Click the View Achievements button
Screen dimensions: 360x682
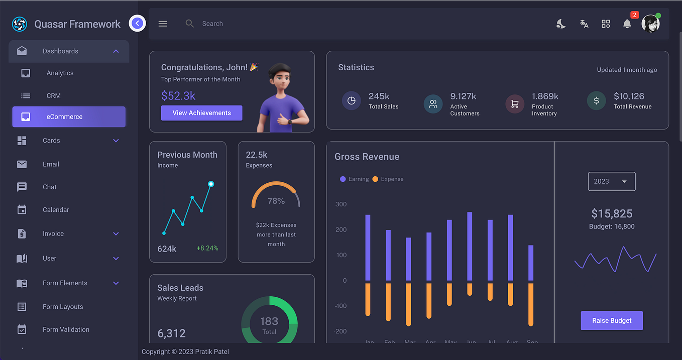pyautogui.click(x=201, y=113)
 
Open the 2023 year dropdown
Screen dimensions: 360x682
pyautogui.click(x=611, y=181)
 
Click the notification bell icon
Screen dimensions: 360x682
pyautogui.click(x=627, y=24)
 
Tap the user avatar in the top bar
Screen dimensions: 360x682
pyautogui.click(x=650, y=24)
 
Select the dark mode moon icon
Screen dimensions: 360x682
pyautogui.click(x=561, y=24)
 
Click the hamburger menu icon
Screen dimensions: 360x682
pyautogui.click(x=163, y=24)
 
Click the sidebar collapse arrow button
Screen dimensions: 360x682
pyautogui.click(x=137, y=23)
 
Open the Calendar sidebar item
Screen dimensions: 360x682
pyautogui.click(x=56, y=210)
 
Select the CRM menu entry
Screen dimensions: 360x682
pyautogui.click(x=54, y=95)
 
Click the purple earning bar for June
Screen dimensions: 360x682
pyautogui.click(x=470, y=246)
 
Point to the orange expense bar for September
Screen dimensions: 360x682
pyautogui.click(x=531, y=304)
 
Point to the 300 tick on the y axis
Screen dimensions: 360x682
pyautogui.click(x=340, y=204)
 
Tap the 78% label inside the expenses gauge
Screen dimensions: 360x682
pyautogui.click(x=276, y=201)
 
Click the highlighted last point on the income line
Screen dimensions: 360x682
pyautogui.click(x=211, y=184)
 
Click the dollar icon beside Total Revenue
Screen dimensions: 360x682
pyautogui.click(x=596, y=101)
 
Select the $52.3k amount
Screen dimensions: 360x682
pyautogui.click(x=178, y=95)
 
